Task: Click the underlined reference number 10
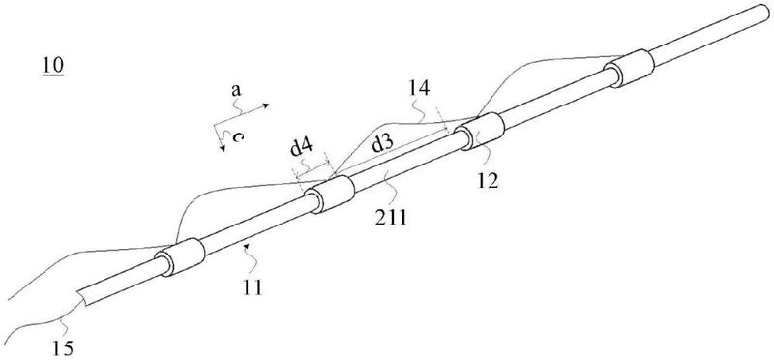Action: point(53,66)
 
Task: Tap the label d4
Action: point(302,148)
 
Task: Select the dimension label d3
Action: point(383,145)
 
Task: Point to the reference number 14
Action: point(418,89)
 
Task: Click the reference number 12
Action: point(488,182)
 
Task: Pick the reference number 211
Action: point(391,217)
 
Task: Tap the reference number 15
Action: point(63,348)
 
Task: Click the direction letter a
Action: point(236,91)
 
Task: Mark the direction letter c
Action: point(237,136)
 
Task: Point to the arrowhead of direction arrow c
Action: point(223,148)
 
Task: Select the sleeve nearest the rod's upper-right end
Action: point(630,68)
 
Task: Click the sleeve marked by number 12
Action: point(479,131)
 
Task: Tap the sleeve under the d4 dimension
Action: point(329,195)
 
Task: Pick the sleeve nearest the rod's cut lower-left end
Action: point(180,257)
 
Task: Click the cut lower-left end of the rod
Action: point(82,298)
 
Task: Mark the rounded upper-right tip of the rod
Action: point(767,12)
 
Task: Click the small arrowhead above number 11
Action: point(252,244)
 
